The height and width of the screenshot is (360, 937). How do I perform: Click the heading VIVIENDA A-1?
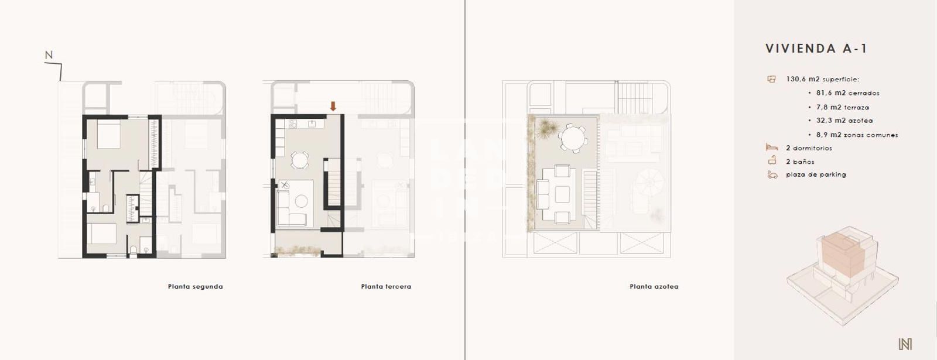click(816, 49)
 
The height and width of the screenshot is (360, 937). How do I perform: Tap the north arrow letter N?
click(49, 55)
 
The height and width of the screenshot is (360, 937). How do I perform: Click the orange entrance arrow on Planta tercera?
click(333, 106)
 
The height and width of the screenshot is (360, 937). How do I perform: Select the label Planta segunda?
click(195, 287)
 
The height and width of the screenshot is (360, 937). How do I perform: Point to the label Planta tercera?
click(386, 287)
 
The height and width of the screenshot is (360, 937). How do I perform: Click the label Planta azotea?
click(654, 287)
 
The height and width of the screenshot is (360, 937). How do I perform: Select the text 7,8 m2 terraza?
click(842, 108)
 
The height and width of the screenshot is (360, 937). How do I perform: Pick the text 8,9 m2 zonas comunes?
click(857, 135)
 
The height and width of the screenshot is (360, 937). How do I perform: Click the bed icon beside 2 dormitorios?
click(771, 148)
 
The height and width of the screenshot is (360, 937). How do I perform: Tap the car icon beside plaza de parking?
click(772, 174)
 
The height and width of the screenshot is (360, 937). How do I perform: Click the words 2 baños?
click(800, 162)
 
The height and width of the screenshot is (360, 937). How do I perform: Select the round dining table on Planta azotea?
click(572, 139)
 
